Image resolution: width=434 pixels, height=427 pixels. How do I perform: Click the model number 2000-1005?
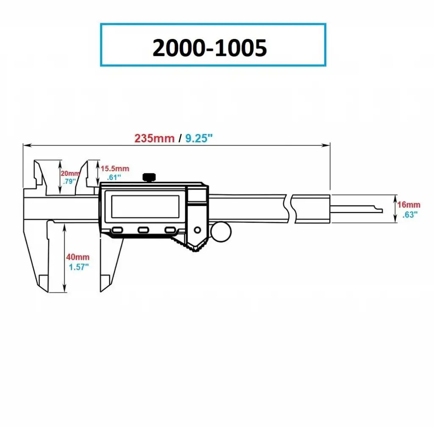click(209, 47)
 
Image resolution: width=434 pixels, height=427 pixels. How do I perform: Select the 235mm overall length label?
click(154, 138)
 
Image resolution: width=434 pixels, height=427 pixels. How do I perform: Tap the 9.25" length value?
click(199, 138)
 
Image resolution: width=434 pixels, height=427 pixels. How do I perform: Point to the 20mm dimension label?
click(70, 173)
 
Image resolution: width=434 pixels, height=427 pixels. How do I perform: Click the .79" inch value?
click(69, 181)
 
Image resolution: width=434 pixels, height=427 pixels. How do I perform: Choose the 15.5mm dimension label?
click(115, 169)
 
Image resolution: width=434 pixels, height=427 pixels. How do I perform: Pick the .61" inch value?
click(114, 177)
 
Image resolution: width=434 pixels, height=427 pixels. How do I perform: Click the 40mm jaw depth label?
click(78, 257)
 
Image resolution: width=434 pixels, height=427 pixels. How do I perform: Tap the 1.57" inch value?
click(78, 267)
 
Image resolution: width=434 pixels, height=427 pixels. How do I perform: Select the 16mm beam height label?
click(409, 205)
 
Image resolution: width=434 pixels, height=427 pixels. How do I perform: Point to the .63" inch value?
click(410, 215)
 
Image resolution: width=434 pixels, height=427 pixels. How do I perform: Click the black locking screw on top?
click(149, 177)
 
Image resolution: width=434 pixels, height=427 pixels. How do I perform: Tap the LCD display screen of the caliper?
click(145, 206)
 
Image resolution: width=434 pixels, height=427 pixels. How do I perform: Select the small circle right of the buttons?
click(198, 230)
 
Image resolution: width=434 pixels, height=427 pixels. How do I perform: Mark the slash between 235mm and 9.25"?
click(180, 138)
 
